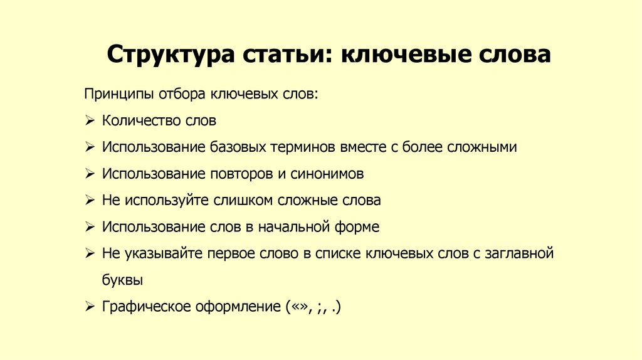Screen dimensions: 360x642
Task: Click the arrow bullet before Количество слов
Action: pyautogui.click(x=89, y=120)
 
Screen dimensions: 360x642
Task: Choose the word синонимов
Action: pyautogui.click(x=326, y=174)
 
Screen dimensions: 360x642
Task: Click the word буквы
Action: pyautogui.click(x=122, y=280)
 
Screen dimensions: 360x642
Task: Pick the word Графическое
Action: pyautogui.click(x=139, y=307)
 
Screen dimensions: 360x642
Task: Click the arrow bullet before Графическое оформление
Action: pyautogui.click(x=89, y=307)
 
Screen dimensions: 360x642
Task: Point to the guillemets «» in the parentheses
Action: pyautogui.click(x=298, y=307)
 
